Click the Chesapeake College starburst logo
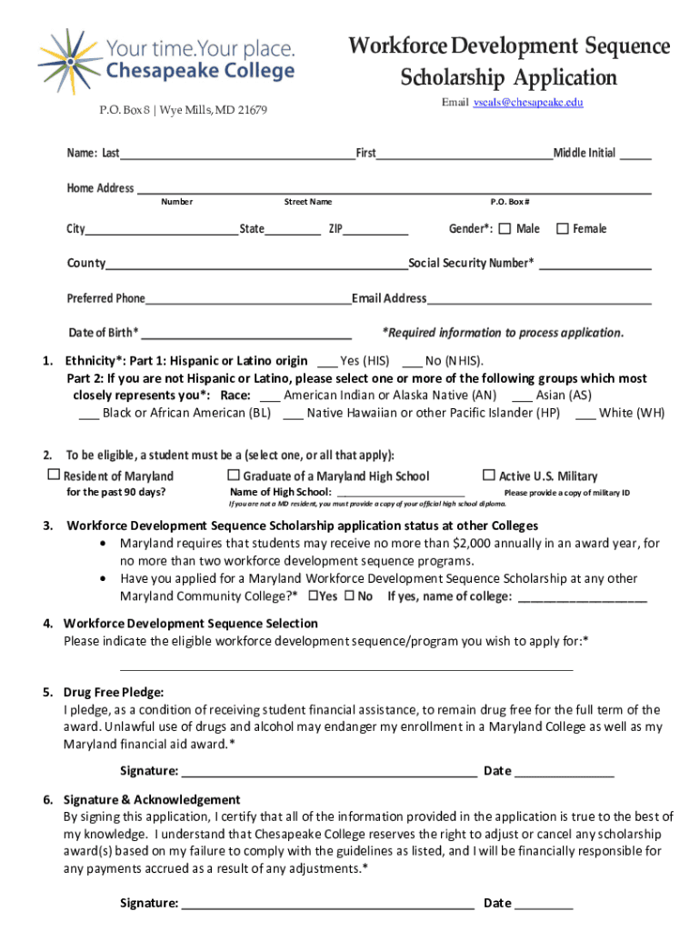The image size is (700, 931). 67,61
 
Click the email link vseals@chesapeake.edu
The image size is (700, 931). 527,103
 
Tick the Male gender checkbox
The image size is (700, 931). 505,228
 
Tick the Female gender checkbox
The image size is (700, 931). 563,228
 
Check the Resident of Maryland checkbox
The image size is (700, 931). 54,476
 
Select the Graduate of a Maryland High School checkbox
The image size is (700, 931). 234,476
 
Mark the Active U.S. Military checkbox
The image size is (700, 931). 489,476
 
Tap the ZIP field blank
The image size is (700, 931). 375,233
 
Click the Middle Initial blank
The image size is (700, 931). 635,157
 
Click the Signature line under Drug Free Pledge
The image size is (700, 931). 328,776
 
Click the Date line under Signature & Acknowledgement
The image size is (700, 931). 545,907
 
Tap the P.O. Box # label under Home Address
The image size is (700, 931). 510,202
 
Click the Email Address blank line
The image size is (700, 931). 539,303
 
